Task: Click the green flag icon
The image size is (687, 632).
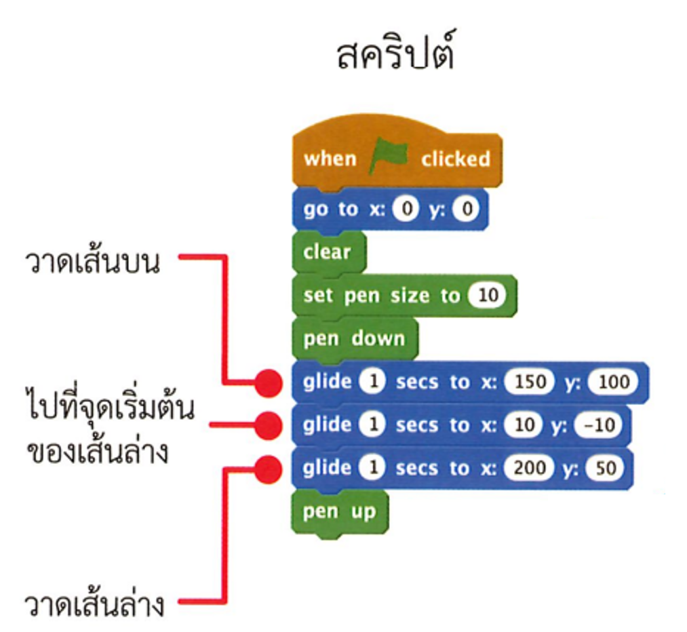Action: click(x=389, y=158)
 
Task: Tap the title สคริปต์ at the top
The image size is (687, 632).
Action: click(x=395, y=54)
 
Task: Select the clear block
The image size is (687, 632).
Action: click(x=327, y=252)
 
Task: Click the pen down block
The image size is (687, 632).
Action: click(x=353, y=338)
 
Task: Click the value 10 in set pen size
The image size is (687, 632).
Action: click(x=488, y=296)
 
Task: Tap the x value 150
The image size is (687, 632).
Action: click(x=529, y=382)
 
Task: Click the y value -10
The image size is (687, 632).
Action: click(x=597, y=425)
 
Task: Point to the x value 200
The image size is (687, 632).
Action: click(x=529, y=468)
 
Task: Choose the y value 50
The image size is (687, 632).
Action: click(x=605, y=468)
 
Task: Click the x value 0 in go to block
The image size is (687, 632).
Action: click(x=406, y=210)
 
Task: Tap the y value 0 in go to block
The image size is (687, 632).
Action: click(x=465, y=210)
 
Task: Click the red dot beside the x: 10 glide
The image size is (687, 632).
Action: click(x=269, y=426)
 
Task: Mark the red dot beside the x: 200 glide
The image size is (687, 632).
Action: click(x=269, y=469)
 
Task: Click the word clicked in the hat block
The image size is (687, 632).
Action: click(x=455, y=159)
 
